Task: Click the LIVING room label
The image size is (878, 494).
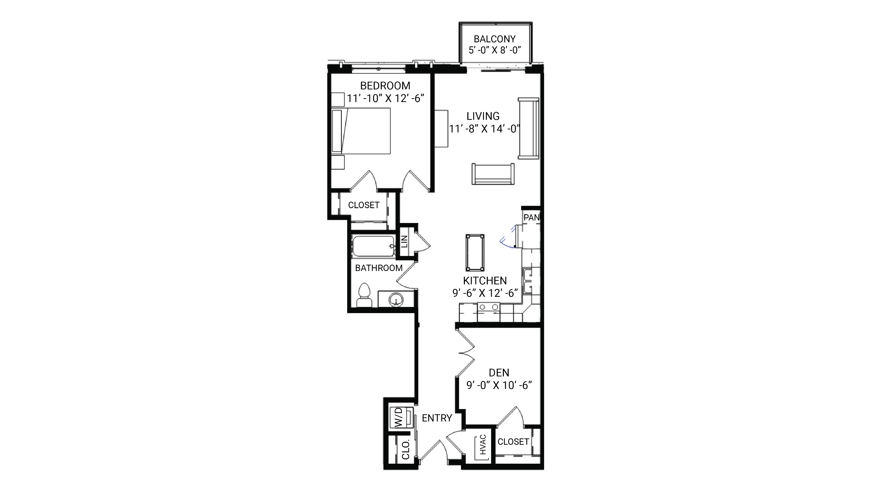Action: point(483,116)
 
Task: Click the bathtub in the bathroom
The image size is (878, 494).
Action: point(373,246)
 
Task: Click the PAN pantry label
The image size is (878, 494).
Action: point(531,217)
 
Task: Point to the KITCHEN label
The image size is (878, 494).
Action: point(485,281)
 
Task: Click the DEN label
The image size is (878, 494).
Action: point(499,373)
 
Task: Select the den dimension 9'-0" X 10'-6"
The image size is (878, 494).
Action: point(499,385)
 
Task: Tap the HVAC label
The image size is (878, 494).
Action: point(483,445)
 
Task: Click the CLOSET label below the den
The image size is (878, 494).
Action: point(513,442)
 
